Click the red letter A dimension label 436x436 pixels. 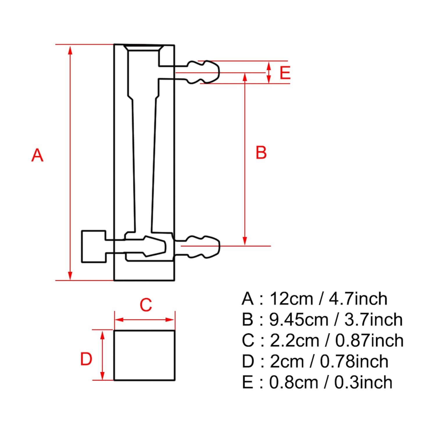pyautogui.click(x=37, y=155)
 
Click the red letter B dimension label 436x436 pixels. pyautogui.click(x=261, y=153)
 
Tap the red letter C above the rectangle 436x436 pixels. pyautogui.click(x=146, y=305)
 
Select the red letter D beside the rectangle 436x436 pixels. pyautogui.click(x=86, y=359)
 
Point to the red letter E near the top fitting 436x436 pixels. pyautogui.click(x=285, y=73)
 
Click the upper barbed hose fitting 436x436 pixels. pyautogui.click(x=203, y=72)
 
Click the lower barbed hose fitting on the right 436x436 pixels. pyautogui.click(x=203, y=246)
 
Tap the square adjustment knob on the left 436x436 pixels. pyautogui.click(x=94, y=246)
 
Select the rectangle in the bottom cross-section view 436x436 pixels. pyautogui.click(x=144, y=355)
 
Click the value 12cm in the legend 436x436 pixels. pyautogui.click(x=291, y=299)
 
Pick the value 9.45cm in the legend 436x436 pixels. pyautogui.click(x=299, y=319)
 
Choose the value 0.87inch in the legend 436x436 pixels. pyautogui.click(x=369, y=340)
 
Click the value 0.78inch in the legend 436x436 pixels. pyautogui.click(x=354, y=361)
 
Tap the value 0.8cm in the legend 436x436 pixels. pyautogui.click(x=294, y=382)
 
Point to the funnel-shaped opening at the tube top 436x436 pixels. pyautogui.click(x=144, y=48)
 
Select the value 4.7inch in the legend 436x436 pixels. pyautogui.click(x=358, y=299)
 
